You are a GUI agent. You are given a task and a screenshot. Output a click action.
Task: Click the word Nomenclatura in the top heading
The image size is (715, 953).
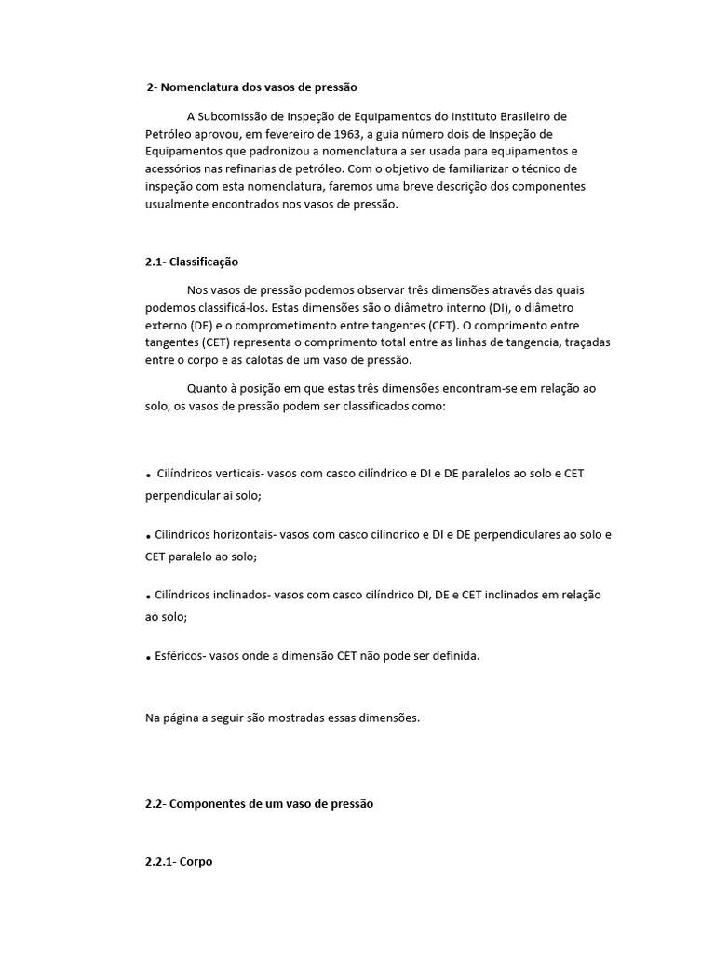tap(202, 87)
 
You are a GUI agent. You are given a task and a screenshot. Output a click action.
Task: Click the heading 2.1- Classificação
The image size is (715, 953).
tap(192, 262)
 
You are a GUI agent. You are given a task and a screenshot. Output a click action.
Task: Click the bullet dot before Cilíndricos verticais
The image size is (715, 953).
tap(148, 475)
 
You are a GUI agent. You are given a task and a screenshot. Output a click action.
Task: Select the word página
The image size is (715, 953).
tap(182, 718)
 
